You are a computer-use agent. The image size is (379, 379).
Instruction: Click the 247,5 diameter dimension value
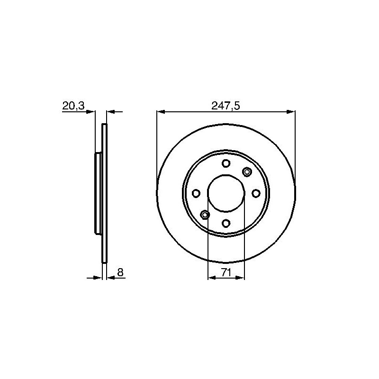click(226, 106)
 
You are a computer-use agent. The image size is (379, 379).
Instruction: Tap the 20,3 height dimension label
click(73, 106)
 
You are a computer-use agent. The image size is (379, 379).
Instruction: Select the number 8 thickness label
click(120, 272)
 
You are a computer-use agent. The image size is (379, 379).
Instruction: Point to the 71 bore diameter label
click(226, 273)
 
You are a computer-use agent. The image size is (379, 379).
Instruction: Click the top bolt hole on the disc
click(226, 163)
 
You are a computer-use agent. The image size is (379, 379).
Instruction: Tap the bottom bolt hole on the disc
click(226, 223)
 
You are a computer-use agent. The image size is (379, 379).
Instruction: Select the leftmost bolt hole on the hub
click(196, 193)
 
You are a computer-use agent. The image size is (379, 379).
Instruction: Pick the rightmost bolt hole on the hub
click(256, 193)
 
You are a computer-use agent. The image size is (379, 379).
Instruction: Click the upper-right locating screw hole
click(247, 172)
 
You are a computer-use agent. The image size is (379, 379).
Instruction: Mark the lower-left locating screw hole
click(205, 215)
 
